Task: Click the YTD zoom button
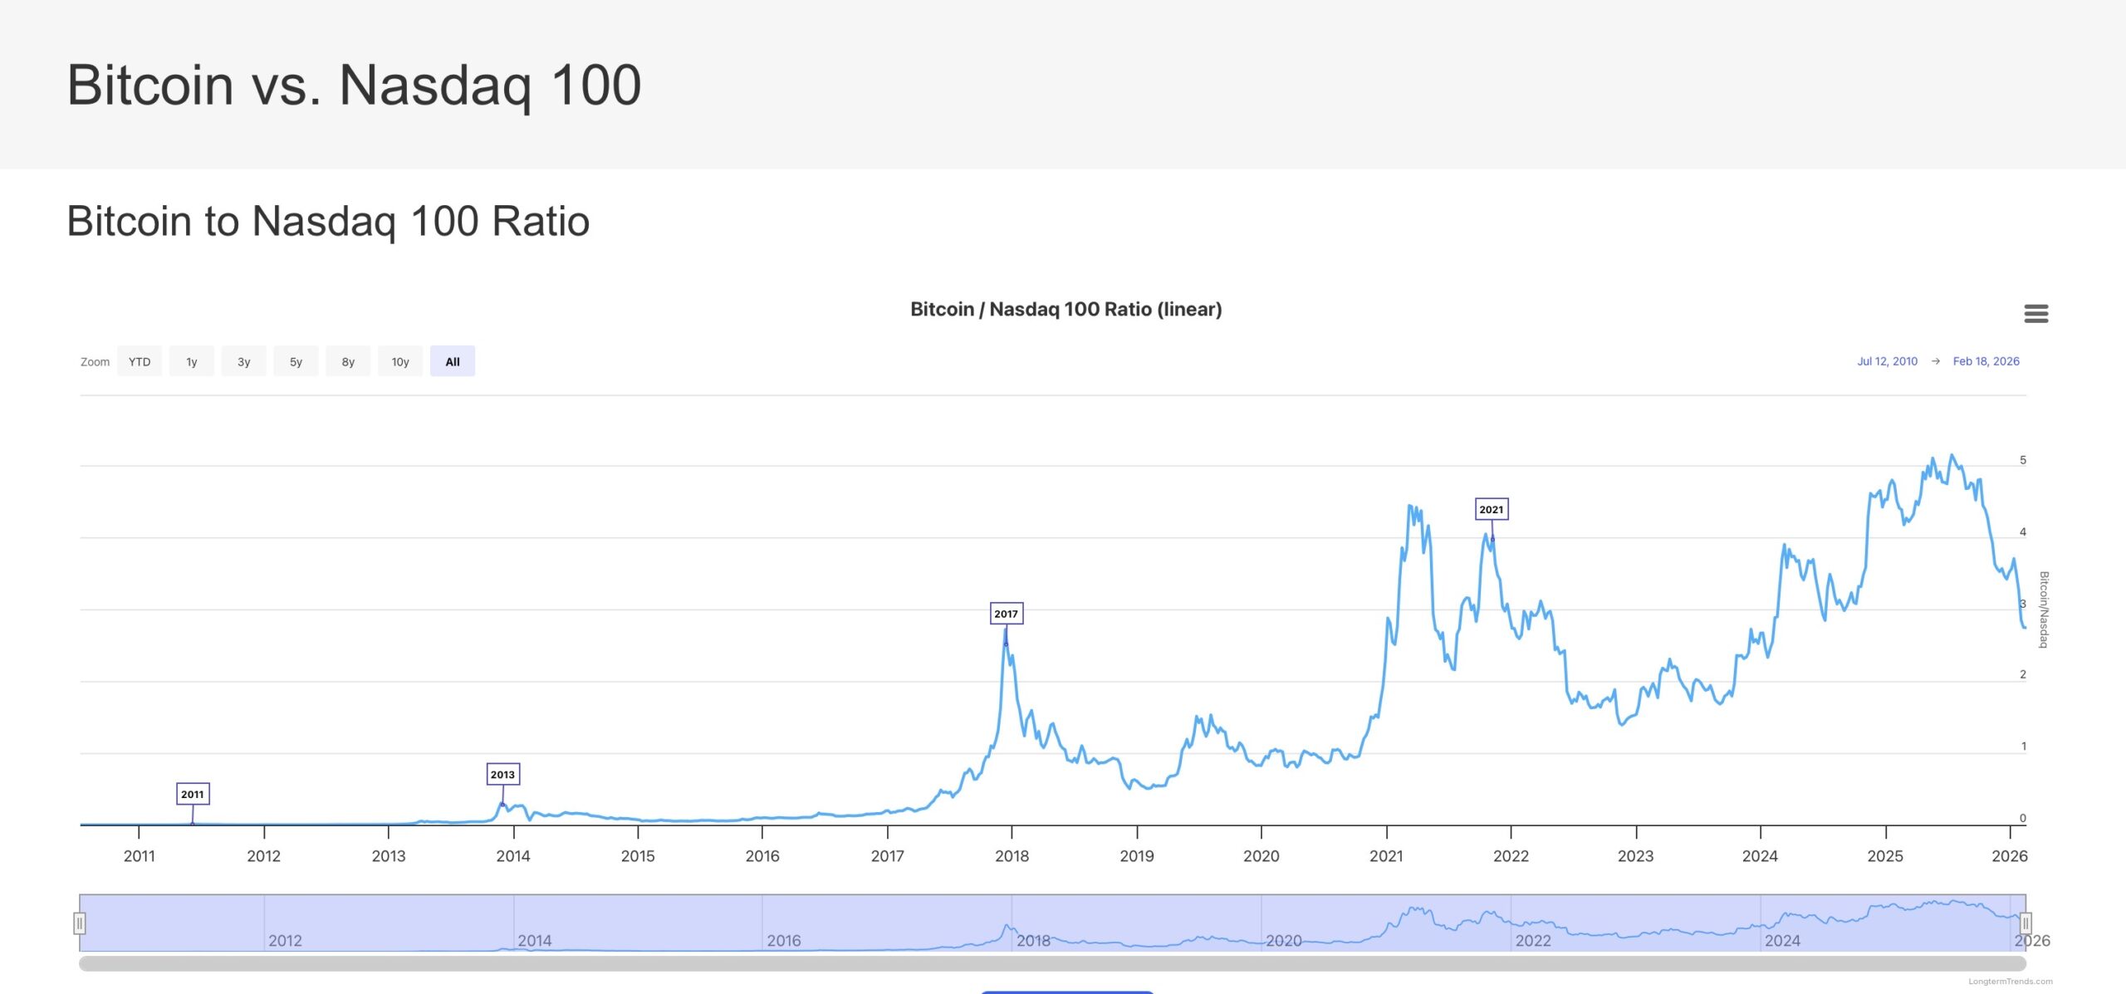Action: (140, 361)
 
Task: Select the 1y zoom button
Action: (191, 361)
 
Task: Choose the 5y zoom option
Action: (296, 361)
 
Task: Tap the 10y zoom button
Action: (400, 361)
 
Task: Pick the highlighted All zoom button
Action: (453, 361)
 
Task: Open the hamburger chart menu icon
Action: (2035, 314)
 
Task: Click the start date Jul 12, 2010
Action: (1887, 361)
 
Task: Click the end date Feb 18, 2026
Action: (1986, 361)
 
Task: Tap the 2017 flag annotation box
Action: (1006, 614)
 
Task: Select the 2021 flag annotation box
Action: (1491, 509)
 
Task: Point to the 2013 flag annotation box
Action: (502, 774)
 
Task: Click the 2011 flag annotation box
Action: (193, 794)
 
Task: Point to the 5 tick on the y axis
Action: (2023, 460)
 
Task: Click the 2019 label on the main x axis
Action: (1136, 856)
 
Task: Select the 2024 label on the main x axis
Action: (1760, 856)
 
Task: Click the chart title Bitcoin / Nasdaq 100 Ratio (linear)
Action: (1065, 310)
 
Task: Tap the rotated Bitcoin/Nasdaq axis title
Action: (2044, 610)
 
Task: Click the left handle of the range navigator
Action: (80, 923)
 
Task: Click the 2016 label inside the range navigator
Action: (783, 941)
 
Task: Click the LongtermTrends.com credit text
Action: (2010, 982)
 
